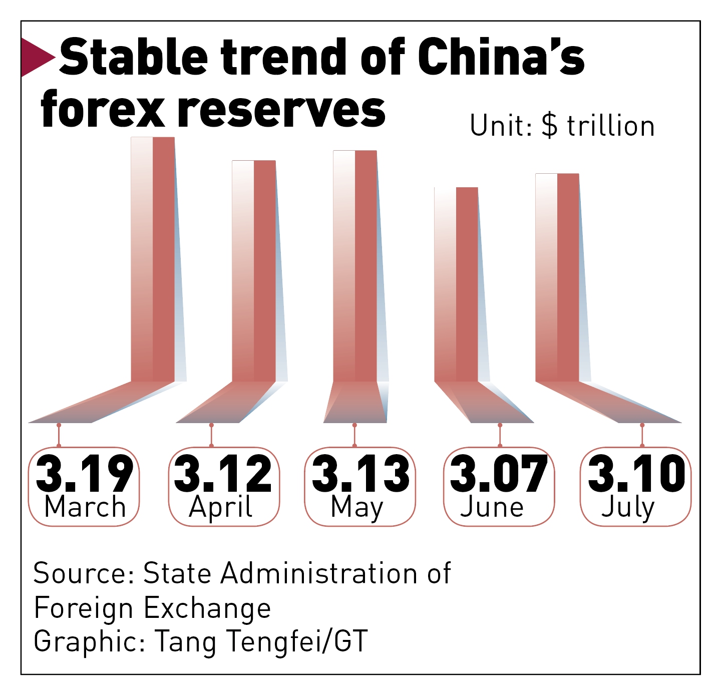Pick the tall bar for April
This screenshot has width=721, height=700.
pyautogui.click(x=254, y=270)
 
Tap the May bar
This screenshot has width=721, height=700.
pyautogui.click(x=355, y=265)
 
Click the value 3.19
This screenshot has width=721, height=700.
pyautogui.click(x=84, y=473)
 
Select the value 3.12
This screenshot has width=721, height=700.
pyautogui.click(x=223, y=473)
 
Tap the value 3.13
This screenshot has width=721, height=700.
pyautogui.click(x=360, y=473)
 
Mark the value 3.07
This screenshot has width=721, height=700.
pyautogui.click(x=499, y=473)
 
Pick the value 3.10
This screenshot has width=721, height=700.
pyautogui.click(x=636, y=473)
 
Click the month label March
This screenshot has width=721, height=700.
pyautogui.click(x=85, y=507)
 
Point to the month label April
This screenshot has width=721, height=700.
pyautogui.click(x=221, y=508)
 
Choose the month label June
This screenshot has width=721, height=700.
pyautogui.click(x=492, y=507)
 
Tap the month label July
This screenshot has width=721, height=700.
pyautogui.click(x=628, y=508)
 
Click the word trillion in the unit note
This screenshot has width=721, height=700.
pyautogui.click(x=611, y=126)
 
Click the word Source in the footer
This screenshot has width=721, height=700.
pyautogui.click(x=80, y=573)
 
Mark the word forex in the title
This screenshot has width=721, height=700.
pyautogui.click(x=103, y=109)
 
